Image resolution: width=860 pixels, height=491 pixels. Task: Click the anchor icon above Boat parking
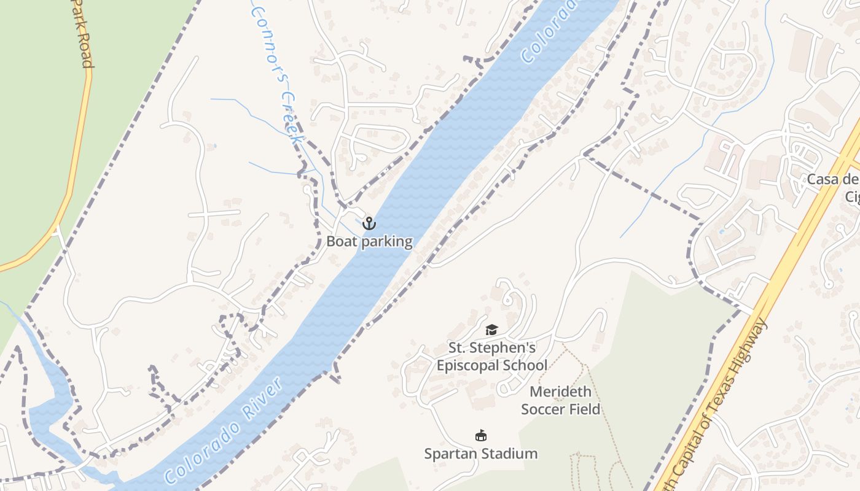(x=369, y=223)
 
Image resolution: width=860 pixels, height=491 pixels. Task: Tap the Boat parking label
(x=369, y=241)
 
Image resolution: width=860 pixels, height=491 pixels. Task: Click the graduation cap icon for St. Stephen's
(x=491, y=330)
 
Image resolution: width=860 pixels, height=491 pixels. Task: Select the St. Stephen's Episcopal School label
(x=491, y=357)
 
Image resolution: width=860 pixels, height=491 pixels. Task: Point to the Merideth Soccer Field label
(x=560, y=400)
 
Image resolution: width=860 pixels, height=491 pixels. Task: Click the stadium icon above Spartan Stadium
(x=481, y=436)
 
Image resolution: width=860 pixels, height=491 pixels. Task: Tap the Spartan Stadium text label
(x=481, y=454)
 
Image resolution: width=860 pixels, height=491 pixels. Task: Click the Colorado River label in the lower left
(x=224, y=430)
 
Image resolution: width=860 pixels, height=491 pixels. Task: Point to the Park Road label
(x=82, y=34)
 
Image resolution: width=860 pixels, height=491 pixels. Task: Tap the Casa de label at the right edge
(x=832, y=180)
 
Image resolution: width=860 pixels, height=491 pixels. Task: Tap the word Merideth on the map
(x=560, y=392)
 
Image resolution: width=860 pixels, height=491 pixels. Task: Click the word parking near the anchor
(x=387, y=242)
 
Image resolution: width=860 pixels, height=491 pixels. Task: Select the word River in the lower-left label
(x=260, y=399)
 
